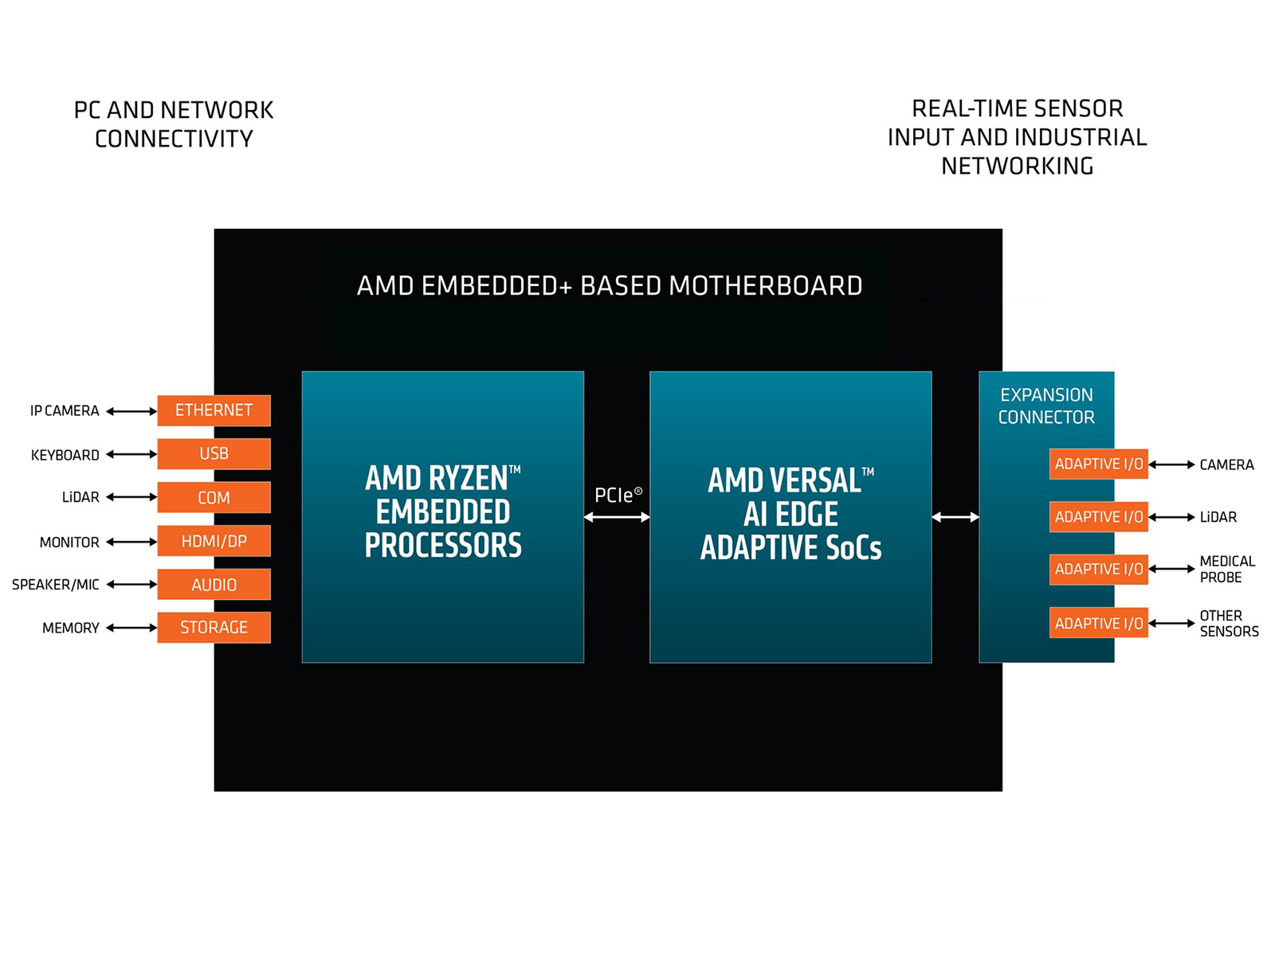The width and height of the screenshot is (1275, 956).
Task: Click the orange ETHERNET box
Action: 214,410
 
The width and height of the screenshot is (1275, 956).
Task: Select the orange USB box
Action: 214,454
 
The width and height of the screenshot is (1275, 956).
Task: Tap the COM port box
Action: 214,498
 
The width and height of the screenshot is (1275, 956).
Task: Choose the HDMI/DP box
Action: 214,542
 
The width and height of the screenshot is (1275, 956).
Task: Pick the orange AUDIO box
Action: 214,585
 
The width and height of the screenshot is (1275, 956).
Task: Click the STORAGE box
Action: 214,628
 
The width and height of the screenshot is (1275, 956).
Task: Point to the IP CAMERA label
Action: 65,411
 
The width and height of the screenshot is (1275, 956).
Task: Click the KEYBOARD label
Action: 65,455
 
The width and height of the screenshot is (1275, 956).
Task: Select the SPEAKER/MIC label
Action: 56,585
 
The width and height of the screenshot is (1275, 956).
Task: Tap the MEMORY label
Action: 71,628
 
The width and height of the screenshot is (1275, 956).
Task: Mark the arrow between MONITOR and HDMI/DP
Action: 131,542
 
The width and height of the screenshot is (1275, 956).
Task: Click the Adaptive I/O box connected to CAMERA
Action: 1098,464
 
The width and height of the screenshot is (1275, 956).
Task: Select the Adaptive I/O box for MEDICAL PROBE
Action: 1098,570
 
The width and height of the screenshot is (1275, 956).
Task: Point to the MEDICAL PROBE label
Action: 1226,570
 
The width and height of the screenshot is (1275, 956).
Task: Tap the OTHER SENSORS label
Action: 1228,624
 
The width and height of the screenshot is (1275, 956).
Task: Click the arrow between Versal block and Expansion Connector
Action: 955,518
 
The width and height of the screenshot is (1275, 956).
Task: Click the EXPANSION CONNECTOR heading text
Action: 1046,406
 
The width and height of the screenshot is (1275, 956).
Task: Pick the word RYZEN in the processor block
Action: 469,479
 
